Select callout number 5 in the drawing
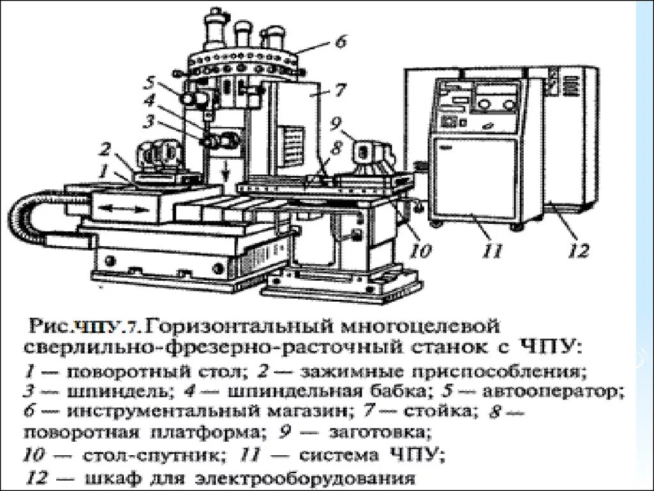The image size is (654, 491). [149, 82]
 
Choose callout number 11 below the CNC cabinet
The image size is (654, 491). [492, 250]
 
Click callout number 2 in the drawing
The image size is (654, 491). [105, 149]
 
